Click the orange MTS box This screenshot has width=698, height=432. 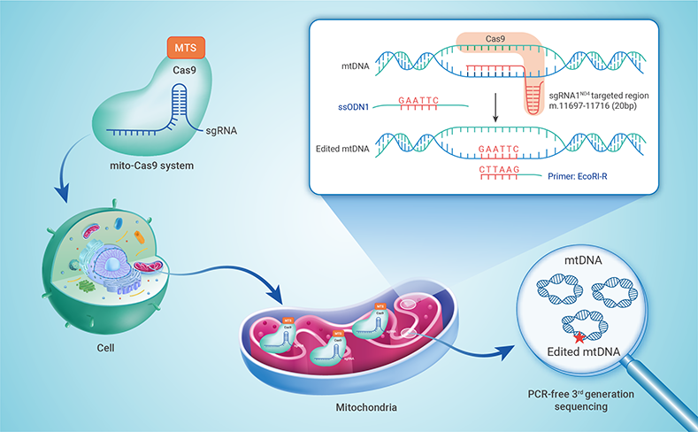(186, 44)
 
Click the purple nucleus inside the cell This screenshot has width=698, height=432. (119, 265)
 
